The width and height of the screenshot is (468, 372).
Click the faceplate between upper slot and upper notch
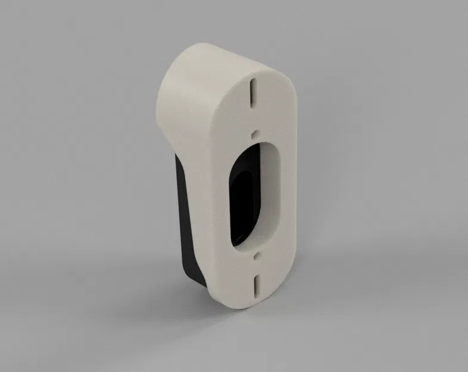tap(254, 116)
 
